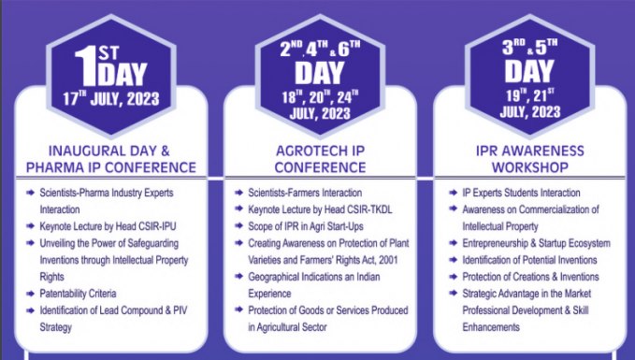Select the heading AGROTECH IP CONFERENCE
click(319, 159)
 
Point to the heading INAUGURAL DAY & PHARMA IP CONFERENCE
click(109, 159)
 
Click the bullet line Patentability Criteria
click(83, 294)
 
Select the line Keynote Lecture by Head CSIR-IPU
click(108, 226)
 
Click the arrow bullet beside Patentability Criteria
click(32, 294)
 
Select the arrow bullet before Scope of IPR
click(240, 226)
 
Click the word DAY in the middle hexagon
click(319, 72)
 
